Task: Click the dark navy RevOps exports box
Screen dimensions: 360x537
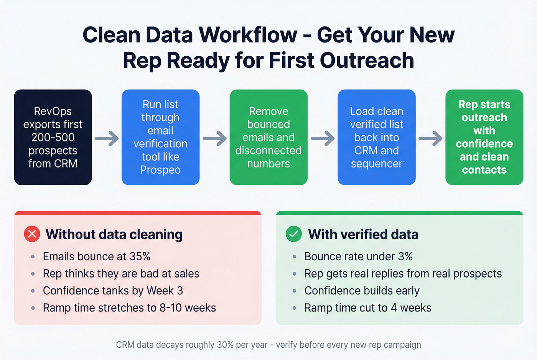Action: (53, 137)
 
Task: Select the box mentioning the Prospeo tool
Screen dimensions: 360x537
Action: (160, 137)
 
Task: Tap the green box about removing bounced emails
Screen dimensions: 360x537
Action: (268, 137)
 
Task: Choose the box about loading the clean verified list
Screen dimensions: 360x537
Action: (376, 137)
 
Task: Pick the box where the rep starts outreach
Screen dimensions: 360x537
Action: (484, 137)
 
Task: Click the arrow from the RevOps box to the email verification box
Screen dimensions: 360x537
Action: (107, 138)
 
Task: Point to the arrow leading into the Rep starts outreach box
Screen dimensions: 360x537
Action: (430, 138)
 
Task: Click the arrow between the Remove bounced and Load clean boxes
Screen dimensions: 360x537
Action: (323, 138)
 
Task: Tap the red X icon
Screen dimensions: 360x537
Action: (32, 234)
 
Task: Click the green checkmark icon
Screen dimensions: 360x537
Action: (294, 234)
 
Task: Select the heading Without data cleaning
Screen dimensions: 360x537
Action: (114, 234)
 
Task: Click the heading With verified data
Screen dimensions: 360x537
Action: (363, 234)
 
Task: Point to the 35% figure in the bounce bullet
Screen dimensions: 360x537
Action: (140, 256)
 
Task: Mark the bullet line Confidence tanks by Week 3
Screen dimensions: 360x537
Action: (113, 291)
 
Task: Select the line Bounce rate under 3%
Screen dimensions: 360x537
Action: (358, 256)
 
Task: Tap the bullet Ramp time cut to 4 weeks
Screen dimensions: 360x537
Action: (367, 308)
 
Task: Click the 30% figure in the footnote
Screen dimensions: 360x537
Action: (225, 345)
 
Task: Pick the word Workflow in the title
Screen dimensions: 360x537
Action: (248, 35)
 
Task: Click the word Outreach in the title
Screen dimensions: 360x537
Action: (367, 61)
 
